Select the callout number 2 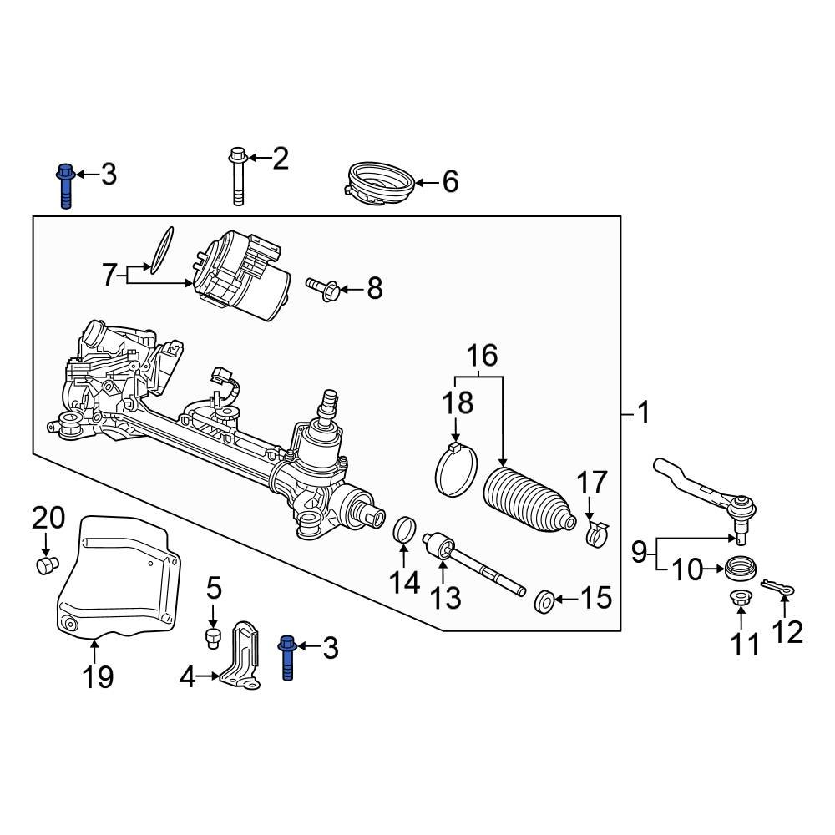[x=280, y=158]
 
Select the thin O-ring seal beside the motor [x=162, y=248]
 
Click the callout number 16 [x=482, y=355]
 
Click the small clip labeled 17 [x=596, y=534]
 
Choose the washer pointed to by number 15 [x=544, y=599]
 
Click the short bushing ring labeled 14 [x=404, y=529]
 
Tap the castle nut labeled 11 [x=740, y=597]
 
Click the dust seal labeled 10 [x=740, y=569]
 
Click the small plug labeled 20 [x=47, y=565]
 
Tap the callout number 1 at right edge [x=642, y=412]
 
